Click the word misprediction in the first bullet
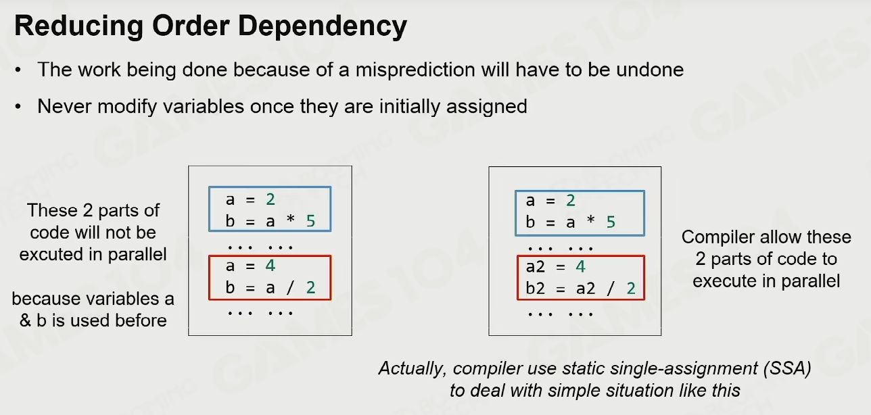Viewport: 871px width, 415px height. [415, 70]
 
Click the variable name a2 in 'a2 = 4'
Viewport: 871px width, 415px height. [536, 266]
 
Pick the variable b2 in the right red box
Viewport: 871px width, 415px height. [536, 288]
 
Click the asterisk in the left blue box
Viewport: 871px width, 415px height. [290, 219]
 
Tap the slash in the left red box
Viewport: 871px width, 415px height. [290, 288]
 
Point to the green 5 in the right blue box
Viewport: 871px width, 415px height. [611, 222]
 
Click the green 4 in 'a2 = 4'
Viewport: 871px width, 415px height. [580, 266]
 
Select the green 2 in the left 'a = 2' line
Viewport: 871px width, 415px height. [270, 199]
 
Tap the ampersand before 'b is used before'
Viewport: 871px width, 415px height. [25, 320]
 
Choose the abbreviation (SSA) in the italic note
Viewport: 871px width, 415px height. [787, 368]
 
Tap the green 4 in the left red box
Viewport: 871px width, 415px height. [270, 266]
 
